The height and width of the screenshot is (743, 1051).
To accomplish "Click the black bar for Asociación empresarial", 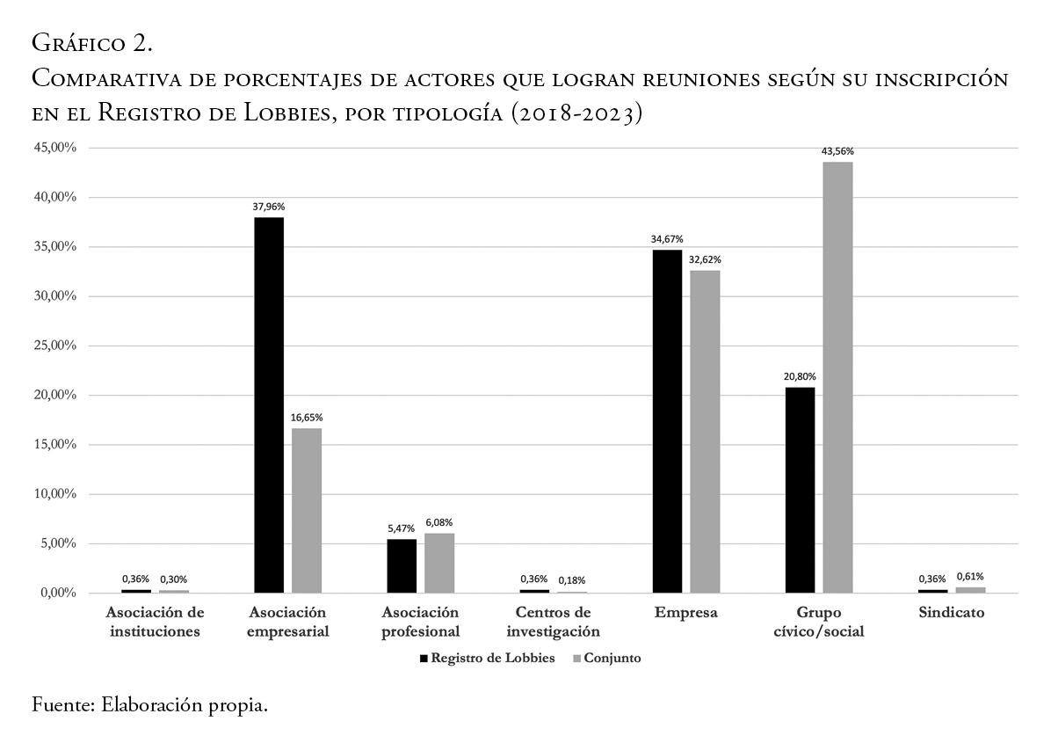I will [269, 404].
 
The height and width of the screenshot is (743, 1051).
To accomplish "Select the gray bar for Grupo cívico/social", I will [837, 377].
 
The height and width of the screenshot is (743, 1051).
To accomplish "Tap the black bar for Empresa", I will [667, 421].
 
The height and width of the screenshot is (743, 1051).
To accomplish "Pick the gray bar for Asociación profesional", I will [439, 563].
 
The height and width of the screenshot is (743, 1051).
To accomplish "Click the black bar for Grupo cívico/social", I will [800, 490].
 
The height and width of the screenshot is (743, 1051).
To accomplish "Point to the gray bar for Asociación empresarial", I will [307, 510].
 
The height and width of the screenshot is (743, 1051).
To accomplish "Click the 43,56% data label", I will [837, 151].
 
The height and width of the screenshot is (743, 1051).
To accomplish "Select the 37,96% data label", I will [269, 207].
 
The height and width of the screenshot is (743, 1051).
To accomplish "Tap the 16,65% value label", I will [307, 418].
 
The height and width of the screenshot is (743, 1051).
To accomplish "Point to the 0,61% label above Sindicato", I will [970, 577].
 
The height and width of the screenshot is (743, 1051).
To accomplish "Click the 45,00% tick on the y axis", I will [56, 148].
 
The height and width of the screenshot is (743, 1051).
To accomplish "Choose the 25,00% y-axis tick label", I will [56, 346].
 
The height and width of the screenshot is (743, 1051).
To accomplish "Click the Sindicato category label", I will [951, 613].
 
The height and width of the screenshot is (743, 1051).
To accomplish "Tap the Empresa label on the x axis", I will [685, 613].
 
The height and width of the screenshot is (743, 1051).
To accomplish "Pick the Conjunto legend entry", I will [612, 659].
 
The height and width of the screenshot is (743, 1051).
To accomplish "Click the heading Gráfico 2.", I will [92, 41].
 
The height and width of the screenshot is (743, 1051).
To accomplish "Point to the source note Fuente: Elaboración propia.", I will [149, 705].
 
